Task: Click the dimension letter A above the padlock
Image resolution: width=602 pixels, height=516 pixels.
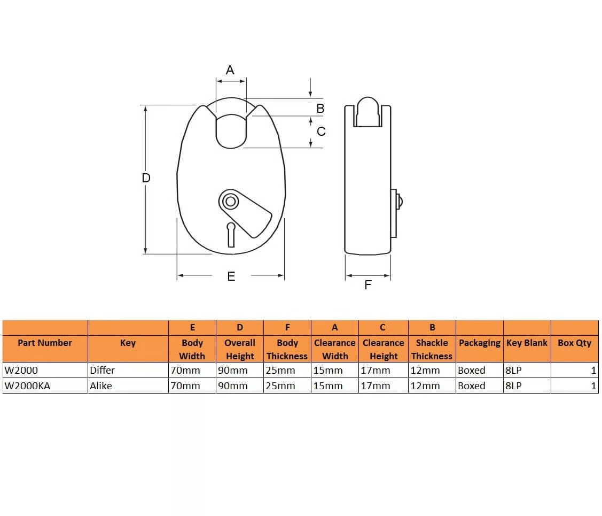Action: tap(230, 70)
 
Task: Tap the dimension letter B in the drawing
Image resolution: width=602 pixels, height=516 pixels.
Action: tap(320, 109)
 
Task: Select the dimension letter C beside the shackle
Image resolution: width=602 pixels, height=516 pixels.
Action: tap(321, 132)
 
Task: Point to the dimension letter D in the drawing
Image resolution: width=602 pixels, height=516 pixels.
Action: tap(146, 178)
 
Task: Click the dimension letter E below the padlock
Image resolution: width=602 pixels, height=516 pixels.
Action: tap(231, 276)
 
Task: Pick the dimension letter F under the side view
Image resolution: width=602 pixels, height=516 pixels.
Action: tap(368, 284)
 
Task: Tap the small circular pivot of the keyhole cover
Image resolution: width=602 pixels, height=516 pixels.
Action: tap(230, 201)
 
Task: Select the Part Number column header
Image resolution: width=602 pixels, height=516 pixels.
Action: tap(45, 343)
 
